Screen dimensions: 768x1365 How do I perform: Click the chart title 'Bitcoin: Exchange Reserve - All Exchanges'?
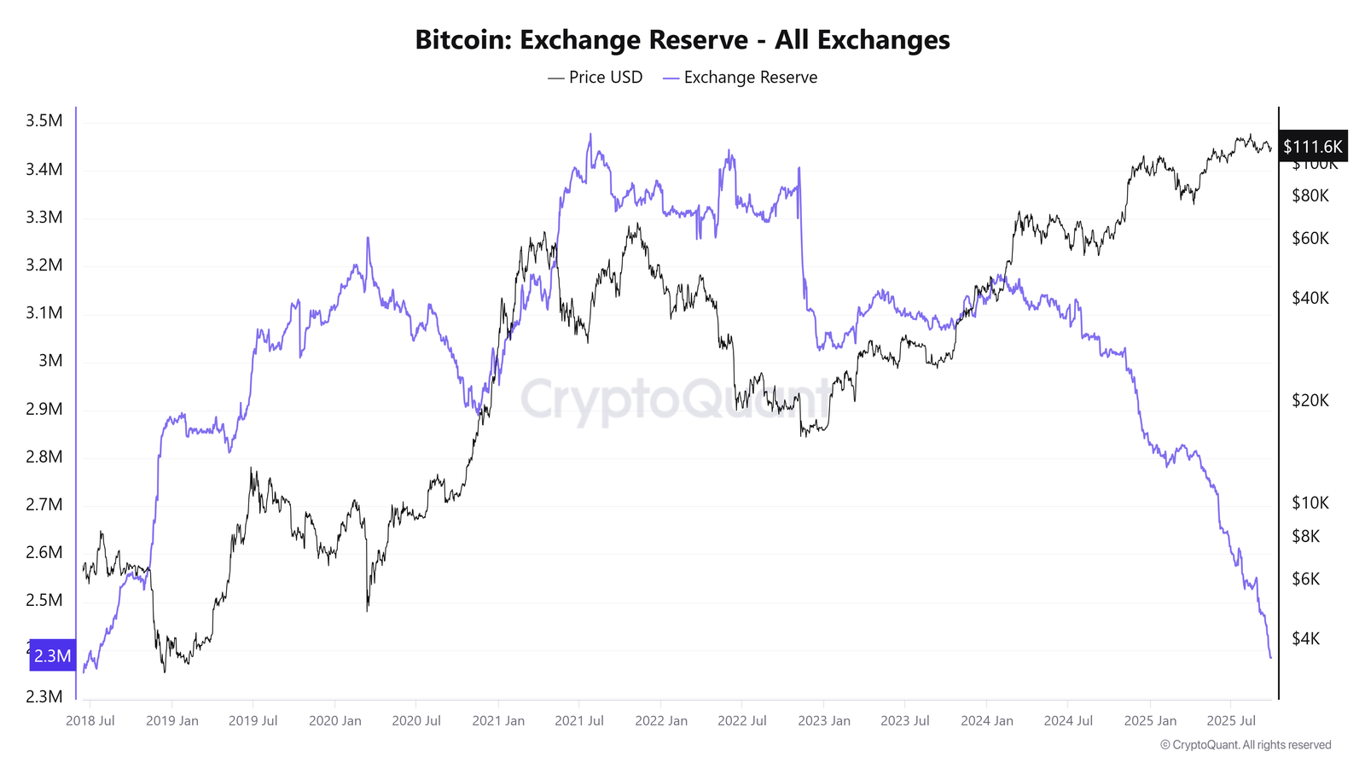point(682,40)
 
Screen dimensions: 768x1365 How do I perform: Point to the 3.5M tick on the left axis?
point(44,120)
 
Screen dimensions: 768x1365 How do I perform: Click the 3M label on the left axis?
point(51,360)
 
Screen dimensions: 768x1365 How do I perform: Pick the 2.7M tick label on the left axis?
point(44,504)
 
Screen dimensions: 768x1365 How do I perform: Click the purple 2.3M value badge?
point(52,655)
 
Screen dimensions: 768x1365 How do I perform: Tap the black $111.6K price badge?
point(1312,147)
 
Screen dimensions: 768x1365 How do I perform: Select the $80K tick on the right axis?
point(1310,195)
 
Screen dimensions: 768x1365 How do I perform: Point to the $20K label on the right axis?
point(1310,400)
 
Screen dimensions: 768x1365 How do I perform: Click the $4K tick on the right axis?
point(1305,638)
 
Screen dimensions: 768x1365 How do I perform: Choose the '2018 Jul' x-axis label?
point(90,720)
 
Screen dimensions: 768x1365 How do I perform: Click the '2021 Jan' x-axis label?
point(498,720)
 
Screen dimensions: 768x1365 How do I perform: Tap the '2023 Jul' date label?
point(905,720)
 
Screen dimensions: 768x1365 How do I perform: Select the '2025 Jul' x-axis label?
point(1231,720)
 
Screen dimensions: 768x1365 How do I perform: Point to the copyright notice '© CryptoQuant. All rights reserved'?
point(1246,745)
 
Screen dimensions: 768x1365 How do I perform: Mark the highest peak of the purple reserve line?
point(590,134)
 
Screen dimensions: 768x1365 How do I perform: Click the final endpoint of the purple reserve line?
point(1270,657)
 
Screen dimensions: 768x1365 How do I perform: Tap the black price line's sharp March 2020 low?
point(368,609)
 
